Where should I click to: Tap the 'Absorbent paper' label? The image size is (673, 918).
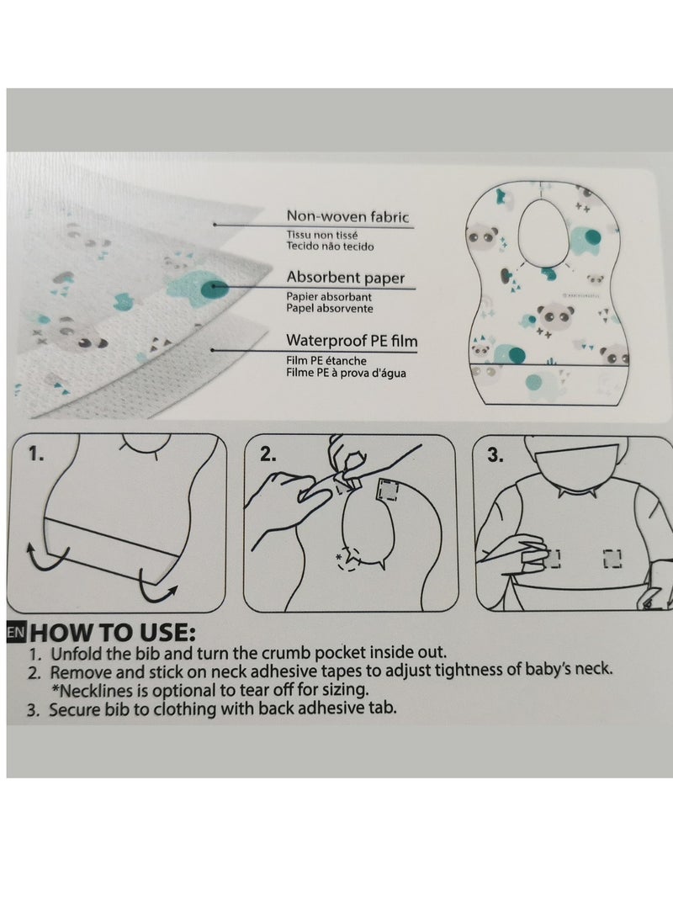(345, 277)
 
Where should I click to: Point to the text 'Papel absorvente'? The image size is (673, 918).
(329, 308)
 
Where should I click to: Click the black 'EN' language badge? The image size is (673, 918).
(15, 632)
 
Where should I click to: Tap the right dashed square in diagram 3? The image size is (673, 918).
(612, 556)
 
